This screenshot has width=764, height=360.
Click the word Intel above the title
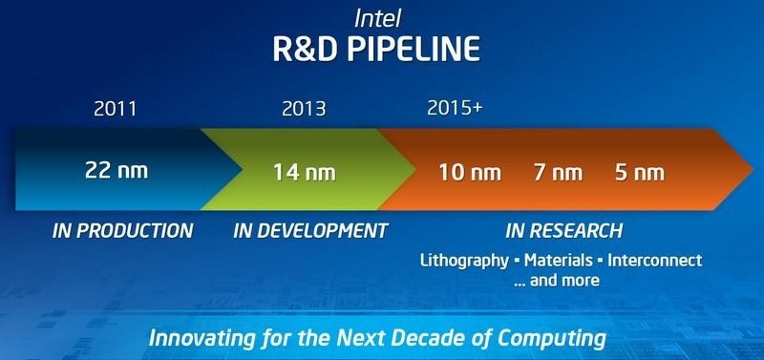[381, 17]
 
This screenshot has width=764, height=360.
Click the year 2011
[115, 108]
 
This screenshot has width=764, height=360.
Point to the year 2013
[305, 108]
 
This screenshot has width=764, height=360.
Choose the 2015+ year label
[455, 108]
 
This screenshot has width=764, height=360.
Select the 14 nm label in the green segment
[305, 173]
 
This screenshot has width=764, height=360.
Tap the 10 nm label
[470, 173]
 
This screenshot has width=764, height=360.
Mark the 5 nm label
[638, 173]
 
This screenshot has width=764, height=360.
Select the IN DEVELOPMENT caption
[310, 231]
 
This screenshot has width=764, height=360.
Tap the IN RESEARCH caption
[563, 231]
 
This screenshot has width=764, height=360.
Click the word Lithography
[459, 260]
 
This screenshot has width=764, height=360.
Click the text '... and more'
[559, 280]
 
